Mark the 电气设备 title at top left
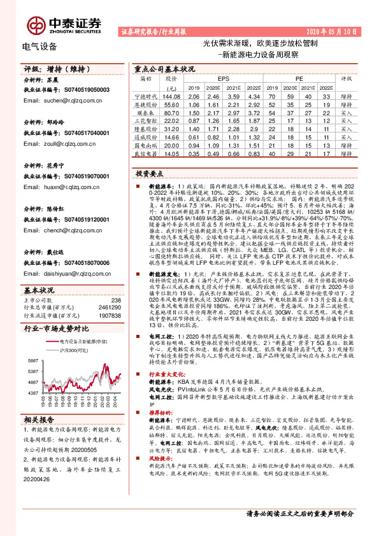pyautogui.click(x=39, y=46)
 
